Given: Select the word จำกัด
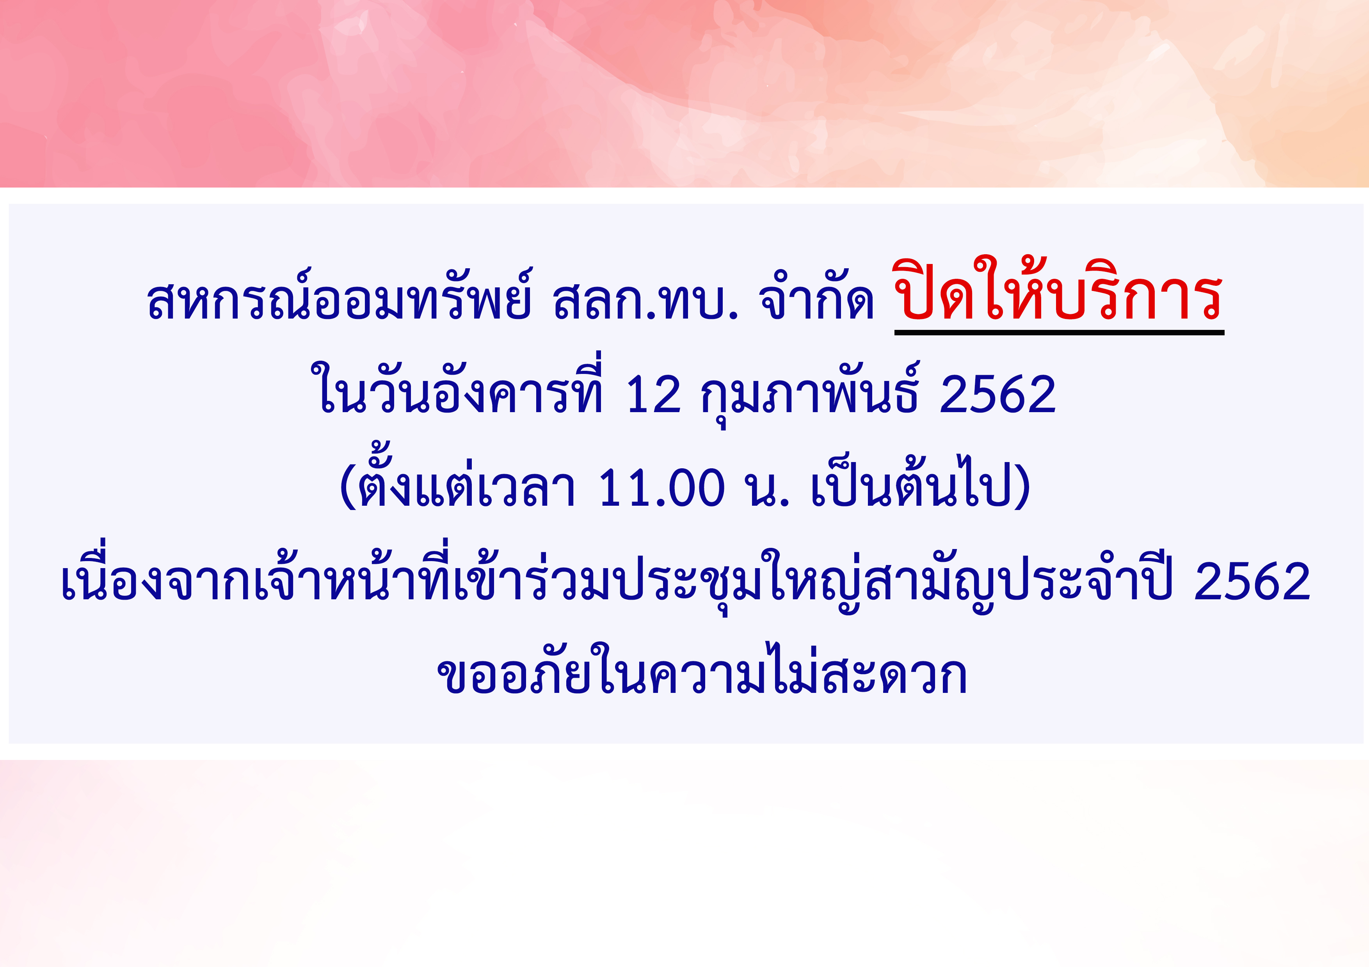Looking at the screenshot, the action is (816, 296).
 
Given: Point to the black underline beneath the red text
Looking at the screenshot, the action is (1059, 333).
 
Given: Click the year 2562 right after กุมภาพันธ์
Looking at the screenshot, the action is (997, 395).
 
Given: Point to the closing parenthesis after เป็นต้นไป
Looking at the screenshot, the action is (1021, 487).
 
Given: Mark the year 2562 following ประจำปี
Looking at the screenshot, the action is (1252, 581).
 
